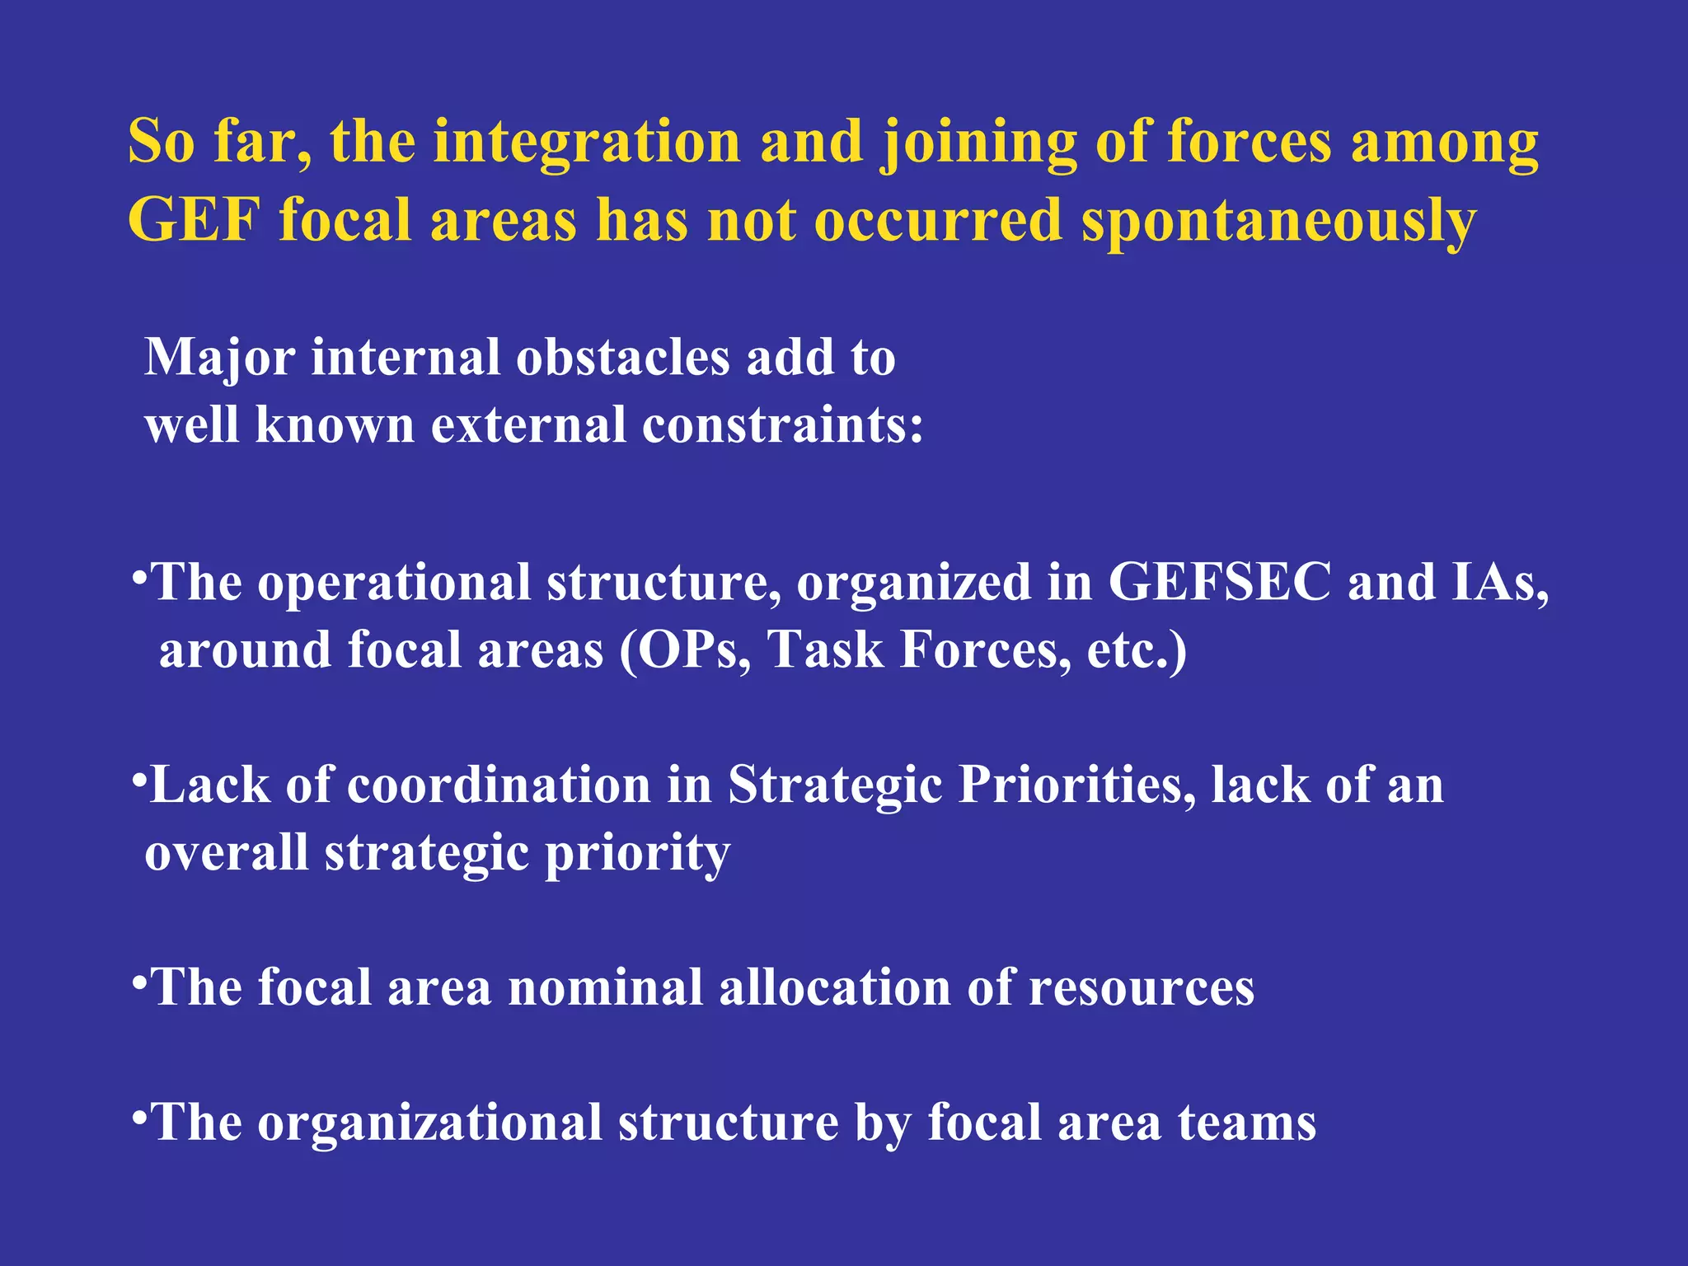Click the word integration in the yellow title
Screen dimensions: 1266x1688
pos(587,142)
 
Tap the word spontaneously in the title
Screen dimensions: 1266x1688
pos(1278,223)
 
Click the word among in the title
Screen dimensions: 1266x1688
pos(1444,143)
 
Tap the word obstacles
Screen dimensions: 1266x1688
pos(623,358)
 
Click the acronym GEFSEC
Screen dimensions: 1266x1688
pos(1219,582)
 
